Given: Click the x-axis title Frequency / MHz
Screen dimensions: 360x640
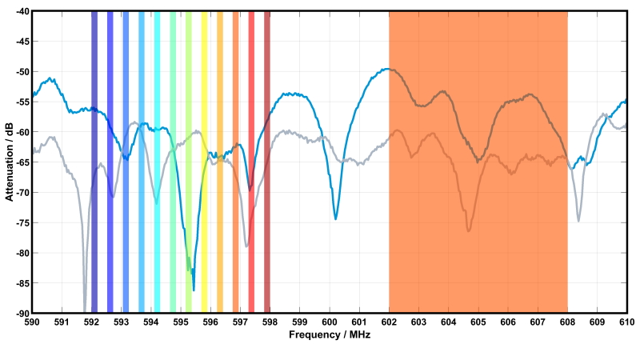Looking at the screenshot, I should pos(330,334).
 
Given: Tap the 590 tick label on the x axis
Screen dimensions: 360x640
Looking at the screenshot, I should pos(32,322).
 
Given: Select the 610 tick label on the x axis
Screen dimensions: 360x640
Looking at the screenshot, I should pos(626,322).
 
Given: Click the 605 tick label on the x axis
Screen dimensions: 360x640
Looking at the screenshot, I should pos(478,322).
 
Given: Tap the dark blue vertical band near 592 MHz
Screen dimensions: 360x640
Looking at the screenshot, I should pos(94,160).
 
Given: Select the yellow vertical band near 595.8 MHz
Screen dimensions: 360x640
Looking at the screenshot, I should pos(205,160).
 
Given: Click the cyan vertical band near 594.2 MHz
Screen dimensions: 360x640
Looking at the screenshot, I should pos(158,160).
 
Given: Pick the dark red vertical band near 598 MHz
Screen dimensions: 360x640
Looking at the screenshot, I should pos(267,160).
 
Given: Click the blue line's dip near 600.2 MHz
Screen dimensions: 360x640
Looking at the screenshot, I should pos(335,218).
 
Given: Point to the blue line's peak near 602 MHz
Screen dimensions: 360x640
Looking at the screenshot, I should pos(387,69).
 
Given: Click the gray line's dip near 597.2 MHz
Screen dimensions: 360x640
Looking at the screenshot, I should pos(246,246).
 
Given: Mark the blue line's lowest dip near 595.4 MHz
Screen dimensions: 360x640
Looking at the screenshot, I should pos(194,290).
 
